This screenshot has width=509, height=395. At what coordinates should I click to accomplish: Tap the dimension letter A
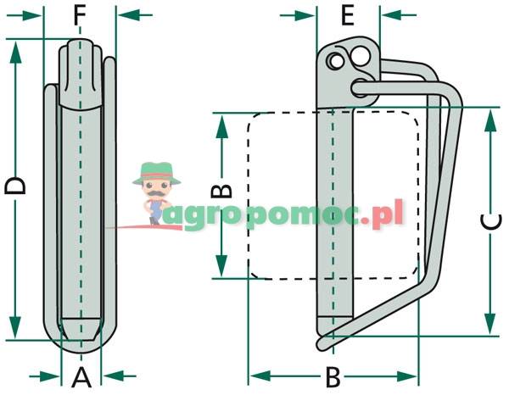(81, 376)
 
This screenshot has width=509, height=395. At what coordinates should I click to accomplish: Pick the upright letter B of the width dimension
(333, 376)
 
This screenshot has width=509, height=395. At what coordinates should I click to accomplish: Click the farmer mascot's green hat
(156, 170)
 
